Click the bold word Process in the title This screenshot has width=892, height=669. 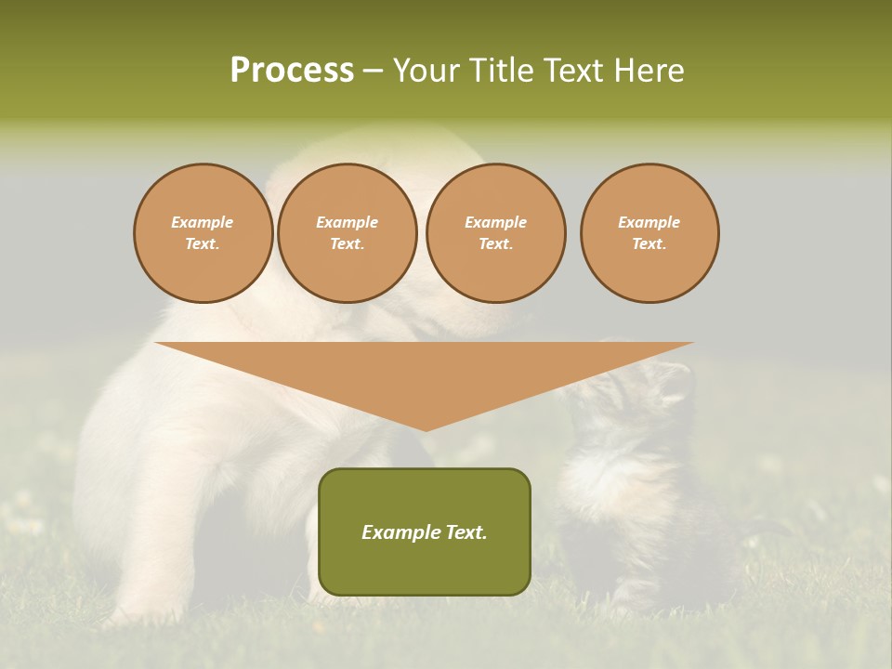pos(292,71)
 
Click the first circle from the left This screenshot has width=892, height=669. pos(203,233)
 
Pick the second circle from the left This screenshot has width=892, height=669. pos(347,233)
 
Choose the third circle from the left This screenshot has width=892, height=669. pos(495,233)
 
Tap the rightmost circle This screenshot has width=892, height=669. pos(649,233)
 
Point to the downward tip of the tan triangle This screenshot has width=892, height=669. pos(426,428)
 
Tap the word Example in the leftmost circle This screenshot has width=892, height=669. pos(203,222)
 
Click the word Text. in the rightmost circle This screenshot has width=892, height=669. pos(649,244)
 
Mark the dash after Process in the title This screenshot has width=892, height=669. pos(373,72)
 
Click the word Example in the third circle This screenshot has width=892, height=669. pos(495,222)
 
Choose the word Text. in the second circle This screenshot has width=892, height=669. pos(347,244)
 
